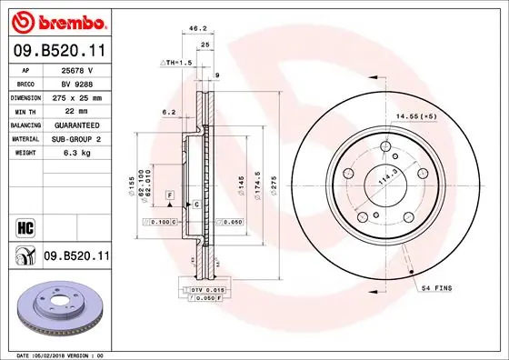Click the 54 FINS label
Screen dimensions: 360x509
[436, 287]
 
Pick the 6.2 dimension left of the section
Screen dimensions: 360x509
[167, 112]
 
